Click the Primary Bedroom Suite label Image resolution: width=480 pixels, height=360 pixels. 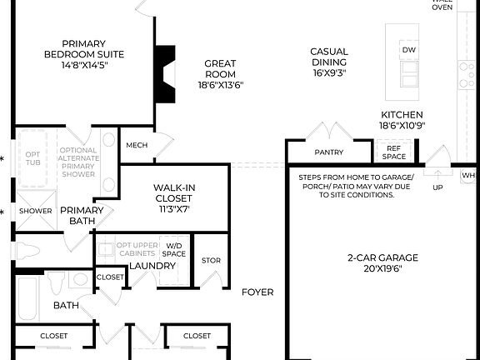click(x=84, y=49)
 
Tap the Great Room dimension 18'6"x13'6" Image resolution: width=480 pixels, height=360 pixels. click(x=220, y=84)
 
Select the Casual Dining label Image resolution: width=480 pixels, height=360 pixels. click(x=328, y=57)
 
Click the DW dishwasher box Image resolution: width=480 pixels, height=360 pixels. click(x=408, y=51)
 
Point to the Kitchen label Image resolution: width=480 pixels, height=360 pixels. click(x=402, y=115)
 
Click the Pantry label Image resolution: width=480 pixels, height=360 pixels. click(x=329, y=152)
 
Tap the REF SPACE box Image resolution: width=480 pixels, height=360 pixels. click(x=395, y=152)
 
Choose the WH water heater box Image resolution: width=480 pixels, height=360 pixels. click(x=467, y=175)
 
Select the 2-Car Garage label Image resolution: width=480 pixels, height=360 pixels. click(x=382, y=257)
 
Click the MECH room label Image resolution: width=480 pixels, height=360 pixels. click(x=137, y=146)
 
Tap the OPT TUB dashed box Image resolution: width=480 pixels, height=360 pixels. click(x=32, y=157)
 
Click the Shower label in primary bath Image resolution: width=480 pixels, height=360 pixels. click(x=35, y=212)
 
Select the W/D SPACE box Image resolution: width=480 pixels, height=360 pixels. click(x=174, y=249)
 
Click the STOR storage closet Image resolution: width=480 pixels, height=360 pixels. click(x=211, y=261)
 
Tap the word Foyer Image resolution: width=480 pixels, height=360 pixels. click(x=257, y=292)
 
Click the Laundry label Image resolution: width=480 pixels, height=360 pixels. click(x=152, y=266)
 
